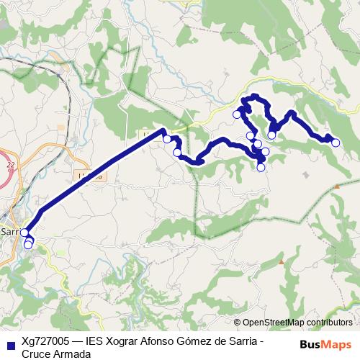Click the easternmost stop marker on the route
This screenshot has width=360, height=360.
pyautogui.click(x=336, y=143)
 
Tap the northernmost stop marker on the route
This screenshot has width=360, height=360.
pyautogui.click(x=237, y=114)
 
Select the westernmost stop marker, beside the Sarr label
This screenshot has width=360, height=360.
pyautogui.click(x=24, y=233)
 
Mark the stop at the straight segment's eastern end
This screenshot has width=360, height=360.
pyautogui.click(x=167, y=139)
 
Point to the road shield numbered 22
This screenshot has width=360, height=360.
pyautogui.click(x=10, y=165)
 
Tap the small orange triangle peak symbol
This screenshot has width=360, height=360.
pyautogui.click(x=337, y=187)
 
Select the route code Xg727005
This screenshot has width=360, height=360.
pyautogui.click(x=45, y=342)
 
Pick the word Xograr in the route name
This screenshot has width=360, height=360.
pyautogui.click(x=125, y=342)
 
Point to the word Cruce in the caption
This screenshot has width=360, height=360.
pyautogui.click(x=35, y=354)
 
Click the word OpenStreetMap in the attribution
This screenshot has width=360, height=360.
pyautogui.click(x=274, y=323)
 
